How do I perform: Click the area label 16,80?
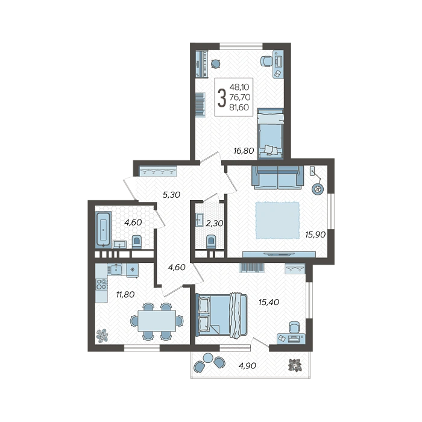pyautogui.click(x=244, y=151)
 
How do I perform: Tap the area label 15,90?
pyautogui.click(x=315, y=235)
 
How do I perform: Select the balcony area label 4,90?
pyautogui.click(x=247, y=366)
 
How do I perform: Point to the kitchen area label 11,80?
pyautogui.click(x=125, y=294)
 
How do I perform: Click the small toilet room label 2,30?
pyautogui.click(x=214, y=223)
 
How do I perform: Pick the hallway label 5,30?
pyautogui.click(x=171, y=195)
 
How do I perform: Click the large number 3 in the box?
pyautogui.click(x=221, y=98)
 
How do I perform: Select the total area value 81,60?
pyautogui.click(x=239, y=107)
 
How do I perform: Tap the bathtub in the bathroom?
pyautogui.click(x=103, y=230)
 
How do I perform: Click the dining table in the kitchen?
pyautogui.click(x=157, y=321)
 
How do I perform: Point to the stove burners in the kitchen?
pyautogui.click(x=102, y=285)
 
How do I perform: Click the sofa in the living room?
pyautogui.click(x=277, y=177)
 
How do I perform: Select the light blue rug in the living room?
pyautogui.click(x=277, y=221)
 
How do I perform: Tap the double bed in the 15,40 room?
pyautogui.click(x=222, y=315)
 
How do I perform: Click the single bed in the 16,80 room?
pyautogui.click(x=270, y=133)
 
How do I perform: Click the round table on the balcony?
pyautogui.click(x=208, y=357)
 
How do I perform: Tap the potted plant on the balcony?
pyautogui.click(x=295, y=365)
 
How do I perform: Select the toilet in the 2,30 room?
pyautogui.click(x=210, y=241)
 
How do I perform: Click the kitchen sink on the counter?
pyautogui.click(x=116, y=269)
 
